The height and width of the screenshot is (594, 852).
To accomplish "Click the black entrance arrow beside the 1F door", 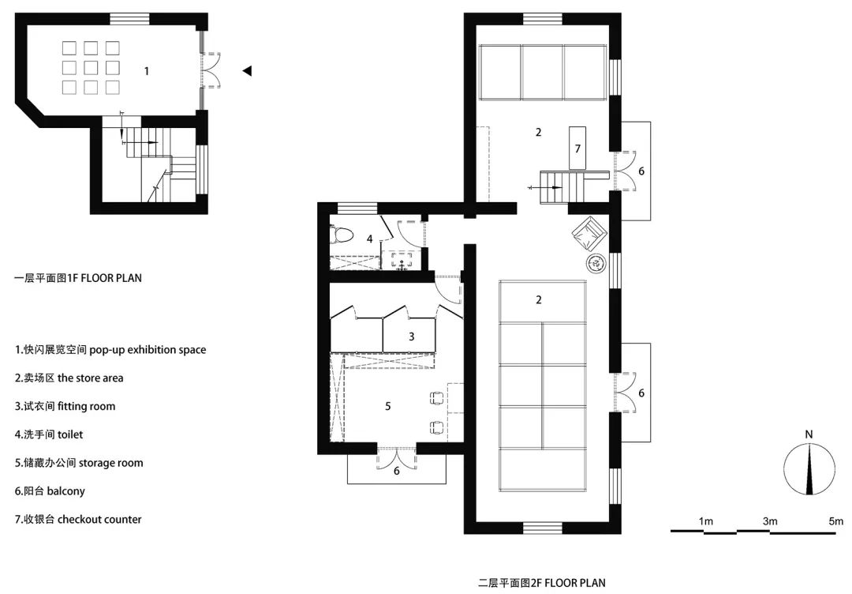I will tap(247, 71).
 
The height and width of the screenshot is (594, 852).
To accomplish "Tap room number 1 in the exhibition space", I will tap(146, 71).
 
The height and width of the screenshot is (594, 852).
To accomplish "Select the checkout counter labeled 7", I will tap(577, 148).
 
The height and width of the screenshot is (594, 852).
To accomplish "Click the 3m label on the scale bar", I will tap(769, 521).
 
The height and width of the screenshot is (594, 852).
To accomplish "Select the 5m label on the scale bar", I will tap(835, 521).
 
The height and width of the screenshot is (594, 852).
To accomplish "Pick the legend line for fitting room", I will tap(65, 406).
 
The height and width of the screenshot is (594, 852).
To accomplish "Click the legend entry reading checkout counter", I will tap(78, 519).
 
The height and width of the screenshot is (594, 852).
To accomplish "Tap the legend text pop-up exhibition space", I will tap(110, 349).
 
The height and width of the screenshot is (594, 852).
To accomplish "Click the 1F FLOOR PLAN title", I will tap(78, 278).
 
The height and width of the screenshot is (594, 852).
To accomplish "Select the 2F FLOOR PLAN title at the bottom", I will tap(542, 583).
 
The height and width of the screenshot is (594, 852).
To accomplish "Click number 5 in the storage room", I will tap(387, 406).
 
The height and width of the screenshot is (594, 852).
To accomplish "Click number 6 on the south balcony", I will tap(397, 470).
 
